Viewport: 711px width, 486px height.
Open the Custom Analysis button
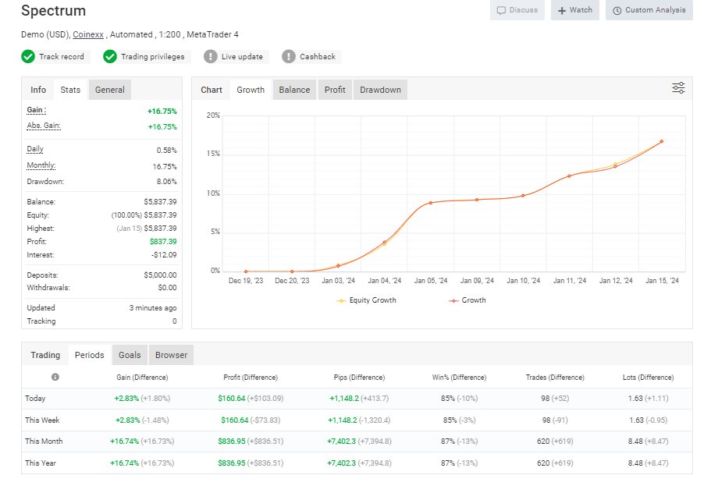[649, 10]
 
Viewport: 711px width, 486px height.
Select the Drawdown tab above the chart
[380, 90]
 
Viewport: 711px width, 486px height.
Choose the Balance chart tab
[294, 90]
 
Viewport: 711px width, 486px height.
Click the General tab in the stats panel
[109, 90]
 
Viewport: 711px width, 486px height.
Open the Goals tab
[130, 355]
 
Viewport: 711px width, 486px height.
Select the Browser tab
[171, 355]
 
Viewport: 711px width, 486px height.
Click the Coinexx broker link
[89, 34]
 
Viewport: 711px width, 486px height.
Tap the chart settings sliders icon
[678, 88]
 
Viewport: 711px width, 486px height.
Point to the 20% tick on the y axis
[213, 115]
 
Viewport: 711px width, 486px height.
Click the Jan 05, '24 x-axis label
[431, 281]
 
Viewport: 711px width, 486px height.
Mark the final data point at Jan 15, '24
[661, 141]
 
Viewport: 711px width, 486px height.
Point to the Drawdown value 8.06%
[165, 182]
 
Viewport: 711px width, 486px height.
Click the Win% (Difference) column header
[459, 378]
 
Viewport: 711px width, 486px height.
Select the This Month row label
[44, 442]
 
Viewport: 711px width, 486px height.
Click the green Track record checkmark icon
[28, 56]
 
